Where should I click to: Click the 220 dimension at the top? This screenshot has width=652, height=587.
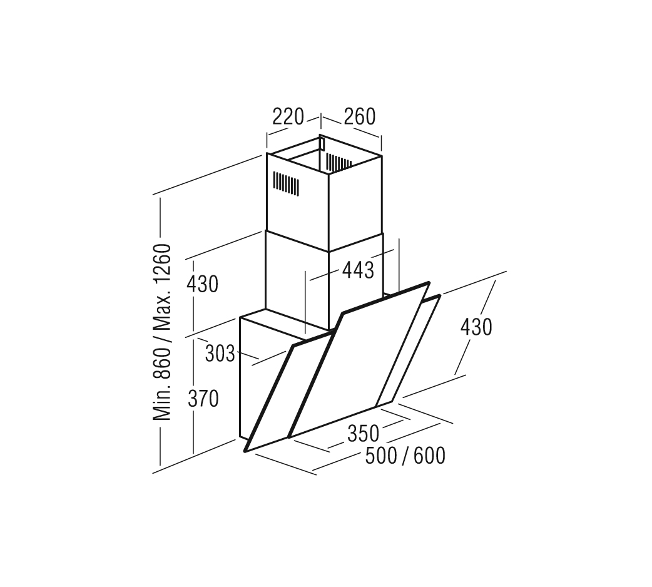[288, 117]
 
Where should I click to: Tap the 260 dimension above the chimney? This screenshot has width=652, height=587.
[360, 117]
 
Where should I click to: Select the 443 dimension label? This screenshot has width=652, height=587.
[358, 270]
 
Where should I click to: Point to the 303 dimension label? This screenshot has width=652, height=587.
[220, 354]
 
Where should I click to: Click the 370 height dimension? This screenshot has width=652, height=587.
[203, 399]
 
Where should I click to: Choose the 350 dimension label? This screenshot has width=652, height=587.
[364, 434]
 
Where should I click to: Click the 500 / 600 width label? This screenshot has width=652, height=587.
[405, 456]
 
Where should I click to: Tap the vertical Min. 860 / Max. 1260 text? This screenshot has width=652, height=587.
[162, 332]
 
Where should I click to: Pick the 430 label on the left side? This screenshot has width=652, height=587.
[202, 285]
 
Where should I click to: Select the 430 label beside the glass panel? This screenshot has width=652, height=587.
[476, 327]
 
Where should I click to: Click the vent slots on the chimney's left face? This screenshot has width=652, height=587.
[286, 183]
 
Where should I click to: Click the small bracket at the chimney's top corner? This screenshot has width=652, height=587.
[322, 143]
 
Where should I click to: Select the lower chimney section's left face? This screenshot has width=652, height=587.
[297, 283]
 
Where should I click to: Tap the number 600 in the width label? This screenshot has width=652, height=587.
[429, 456]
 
